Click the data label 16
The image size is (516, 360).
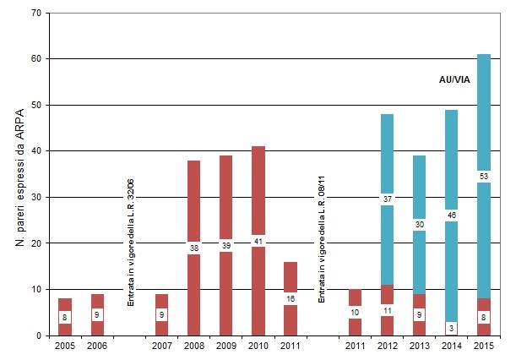tap(291, 298)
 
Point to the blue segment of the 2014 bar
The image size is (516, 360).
tap(452, 152)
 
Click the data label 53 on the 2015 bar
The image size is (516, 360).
tap(484, 176)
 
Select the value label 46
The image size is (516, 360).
tap(452, 216)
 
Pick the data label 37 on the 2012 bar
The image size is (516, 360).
tap(388, 199)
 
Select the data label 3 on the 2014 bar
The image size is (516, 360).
tap(452, 327)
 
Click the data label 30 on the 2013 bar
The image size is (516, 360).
tap(420, 224)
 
